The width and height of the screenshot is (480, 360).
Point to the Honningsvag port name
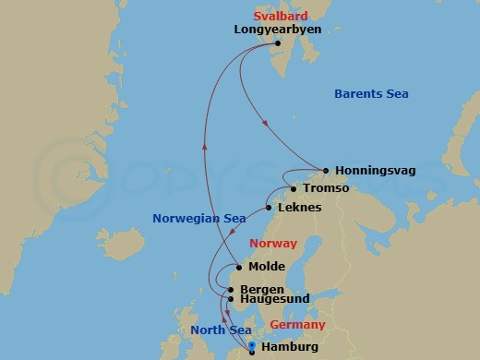click(375, 171)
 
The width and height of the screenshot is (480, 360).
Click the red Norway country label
click(273, 244)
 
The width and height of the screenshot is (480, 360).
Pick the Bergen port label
click(261, 289)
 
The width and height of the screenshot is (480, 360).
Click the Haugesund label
click(272, 300)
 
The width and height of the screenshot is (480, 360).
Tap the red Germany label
click(297, 325)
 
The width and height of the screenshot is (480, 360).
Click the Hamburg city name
click(290, 347)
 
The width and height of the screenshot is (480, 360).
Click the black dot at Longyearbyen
click(278, 42)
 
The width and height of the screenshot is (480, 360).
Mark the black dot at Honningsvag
click(326, 170)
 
